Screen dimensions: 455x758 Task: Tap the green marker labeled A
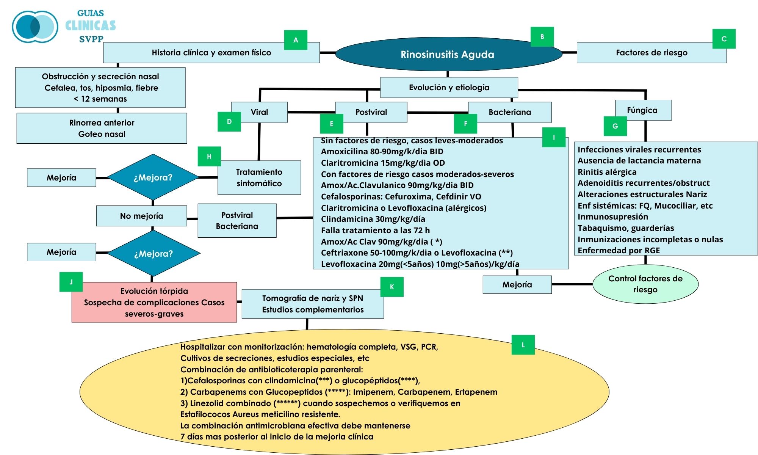pyautogui.click(x=296, y=40)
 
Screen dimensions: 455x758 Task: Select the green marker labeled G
pyautogui.click(x=615, y=126)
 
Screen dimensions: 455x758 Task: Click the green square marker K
pyautogui.click(x=392, y=287)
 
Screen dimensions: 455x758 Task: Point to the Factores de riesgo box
pyautogui.click(x=651, y=53)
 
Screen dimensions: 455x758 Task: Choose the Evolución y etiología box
pyautogui.click(x=449, y=88)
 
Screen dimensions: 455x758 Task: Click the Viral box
pyautogui.click(x=259, y=112)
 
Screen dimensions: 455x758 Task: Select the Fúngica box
pyautogui.click(x=642, y=110)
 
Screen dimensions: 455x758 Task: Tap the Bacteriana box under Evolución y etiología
pyautogui.click(x=510, y=112)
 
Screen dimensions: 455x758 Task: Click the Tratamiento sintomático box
pyautogui.click(x=259, y=178)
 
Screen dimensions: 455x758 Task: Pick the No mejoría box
pyautogui.click(x=141, y=216)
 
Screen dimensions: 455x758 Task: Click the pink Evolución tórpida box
pyautogui.click(x=154, y=302)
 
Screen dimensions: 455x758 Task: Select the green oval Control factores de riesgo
pyautogui.click(x=645, y=284)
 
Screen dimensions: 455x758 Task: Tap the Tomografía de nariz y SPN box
pyautogui.click(x=312, y=304)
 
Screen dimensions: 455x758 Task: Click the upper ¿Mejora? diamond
pyautogui.click(x=153, y=177)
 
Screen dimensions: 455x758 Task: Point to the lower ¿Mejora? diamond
pyautogui.click(x=153, y=254)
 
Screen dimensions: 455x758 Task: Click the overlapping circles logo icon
pyautogui.click(x=35, y=27)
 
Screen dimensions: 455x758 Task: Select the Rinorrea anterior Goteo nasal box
pyautogui.click(x=102, y=128)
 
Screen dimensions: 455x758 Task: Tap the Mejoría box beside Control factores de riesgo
pyautogui.click(x=517, y=285)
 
